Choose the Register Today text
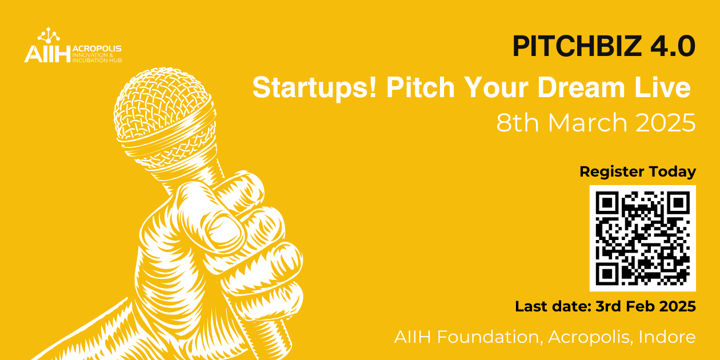point(638,171)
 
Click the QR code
point(643,238)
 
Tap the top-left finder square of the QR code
point(607,203)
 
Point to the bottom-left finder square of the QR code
point(607,273)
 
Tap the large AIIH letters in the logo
point(47,54)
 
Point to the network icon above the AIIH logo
point(48,34)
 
